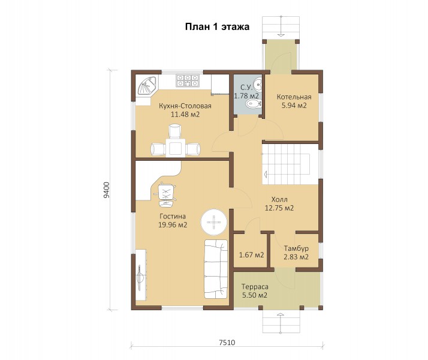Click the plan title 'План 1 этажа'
click(217, 27)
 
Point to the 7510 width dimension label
click(227, 342)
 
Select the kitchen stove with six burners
click(187, 80)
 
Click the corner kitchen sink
click(146, 85)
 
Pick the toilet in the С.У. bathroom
click(254, 104)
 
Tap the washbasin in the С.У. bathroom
click(257, 84)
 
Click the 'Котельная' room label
click(294, 97)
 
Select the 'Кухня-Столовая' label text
click(185, 106)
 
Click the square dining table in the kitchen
click(176, 148)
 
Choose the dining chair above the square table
click(175, 131)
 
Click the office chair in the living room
click(165, 195)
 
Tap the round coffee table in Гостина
click(214, 222)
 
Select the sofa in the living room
click(216, 269)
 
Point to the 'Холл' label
click(279, 199)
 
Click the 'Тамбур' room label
click(296, 248)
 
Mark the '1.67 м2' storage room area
click(251, 255)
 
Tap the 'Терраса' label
click(255, 287)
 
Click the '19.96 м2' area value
click(173, 225)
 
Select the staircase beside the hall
click(287, 164)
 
